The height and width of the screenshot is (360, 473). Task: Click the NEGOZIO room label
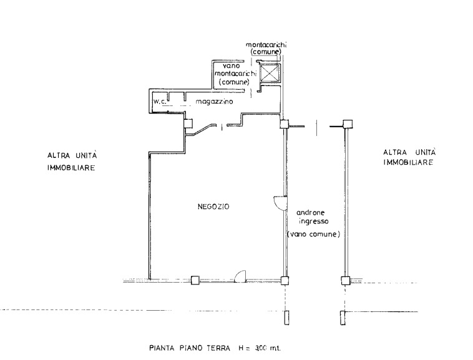tap(213, 207)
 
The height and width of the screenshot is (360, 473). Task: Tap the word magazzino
tap(214, 101)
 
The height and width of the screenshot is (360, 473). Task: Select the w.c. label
tap(160, 101)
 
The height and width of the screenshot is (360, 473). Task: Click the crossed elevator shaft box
tap(269, 73)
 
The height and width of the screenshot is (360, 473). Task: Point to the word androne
tap(310, 213)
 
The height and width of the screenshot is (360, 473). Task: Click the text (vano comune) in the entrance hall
tap(313, 234)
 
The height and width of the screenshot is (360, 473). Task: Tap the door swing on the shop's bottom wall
tap(240, 276)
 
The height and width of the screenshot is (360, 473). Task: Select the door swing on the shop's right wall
tap(280, 203)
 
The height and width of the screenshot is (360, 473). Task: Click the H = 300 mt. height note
tap(260, 348)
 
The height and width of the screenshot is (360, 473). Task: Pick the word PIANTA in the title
tap(162, 348)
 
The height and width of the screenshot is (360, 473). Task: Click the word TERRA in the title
tap(218, 348)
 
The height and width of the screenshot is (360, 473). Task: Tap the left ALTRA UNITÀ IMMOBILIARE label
tap(72, 162)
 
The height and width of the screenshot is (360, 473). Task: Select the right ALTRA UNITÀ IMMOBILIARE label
tap(409, 157)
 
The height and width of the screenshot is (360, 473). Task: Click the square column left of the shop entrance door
tap(195, 280)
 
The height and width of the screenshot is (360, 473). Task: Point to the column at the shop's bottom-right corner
tap(285, 280)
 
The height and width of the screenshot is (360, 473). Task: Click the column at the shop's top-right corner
tap(284, 124)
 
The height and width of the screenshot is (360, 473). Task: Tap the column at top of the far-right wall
tap(348, 124)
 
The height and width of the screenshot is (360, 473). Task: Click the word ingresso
tap(314, 221)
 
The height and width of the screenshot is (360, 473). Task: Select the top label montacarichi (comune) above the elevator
tap(266, 48)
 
